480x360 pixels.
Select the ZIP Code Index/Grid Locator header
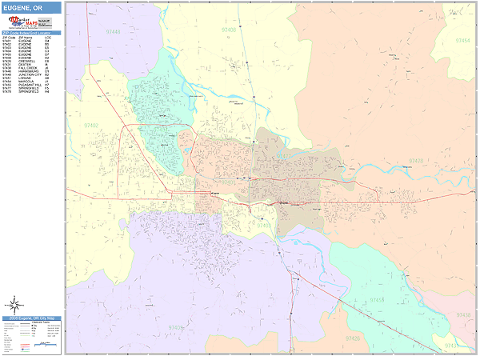[30, 33]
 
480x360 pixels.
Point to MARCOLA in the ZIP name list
[25, 82]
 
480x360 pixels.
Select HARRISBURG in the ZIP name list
[26, 71]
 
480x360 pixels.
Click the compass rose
[14, 304]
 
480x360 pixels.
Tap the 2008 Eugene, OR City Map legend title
[30, 319]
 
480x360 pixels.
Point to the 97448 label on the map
[113, 31]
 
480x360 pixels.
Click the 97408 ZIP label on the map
[229, 30]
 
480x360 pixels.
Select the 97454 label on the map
[462, 39]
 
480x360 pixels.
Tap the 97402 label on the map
[91, 126]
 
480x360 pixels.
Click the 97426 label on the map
[352, 338]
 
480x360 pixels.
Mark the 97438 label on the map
[463, 315]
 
